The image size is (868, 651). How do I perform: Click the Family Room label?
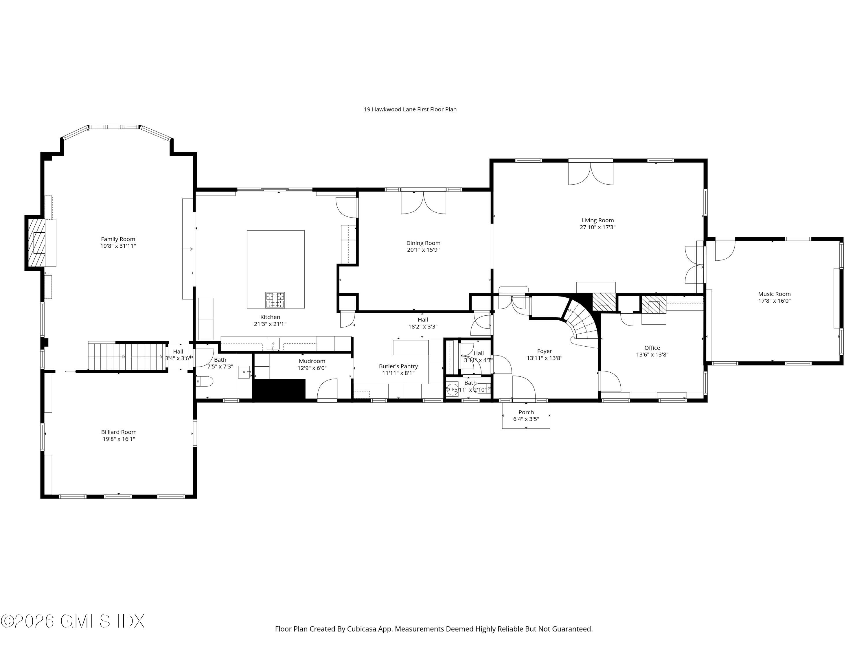point(118,239)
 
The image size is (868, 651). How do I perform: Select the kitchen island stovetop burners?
point(275,300)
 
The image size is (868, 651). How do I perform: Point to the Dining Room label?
point(423,243)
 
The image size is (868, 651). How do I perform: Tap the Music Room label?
point(774,294)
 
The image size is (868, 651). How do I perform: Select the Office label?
point(652,348)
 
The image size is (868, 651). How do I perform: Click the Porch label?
point(526,412)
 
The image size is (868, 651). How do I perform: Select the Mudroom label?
point(312,361)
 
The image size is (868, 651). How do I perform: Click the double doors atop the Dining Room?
point(423,202)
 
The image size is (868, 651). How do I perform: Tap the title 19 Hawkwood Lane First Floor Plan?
point(410,109)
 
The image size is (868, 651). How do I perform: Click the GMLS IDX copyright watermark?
point(73,621)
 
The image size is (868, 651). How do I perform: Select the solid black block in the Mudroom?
point(279,390)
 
